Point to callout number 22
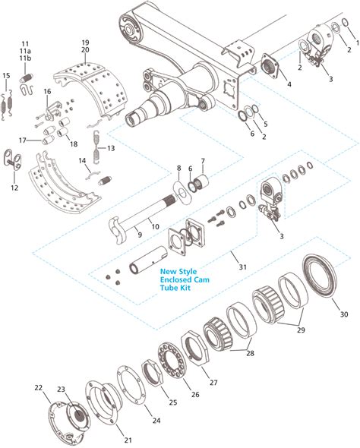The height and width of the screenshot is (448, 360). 39,387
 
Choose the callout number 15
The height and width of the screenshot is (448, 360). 7,76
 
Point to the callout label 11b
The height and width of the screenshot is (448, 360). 26,58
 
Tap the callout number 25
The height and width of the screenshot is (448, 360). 172,402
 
